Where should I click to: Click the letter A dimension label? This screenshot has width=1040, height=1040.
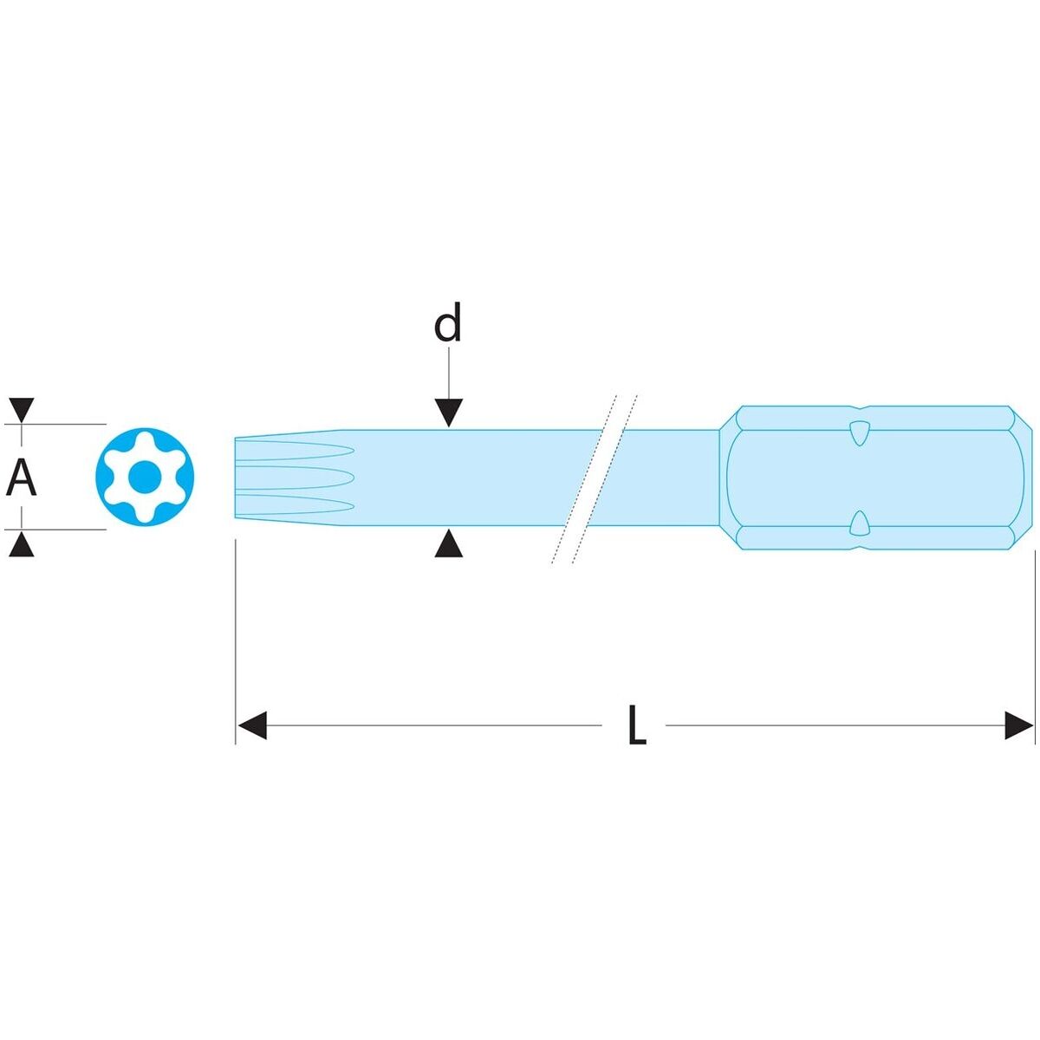pos(22,478)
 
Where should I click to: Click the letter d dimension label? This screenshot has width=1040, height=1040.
pos(447,323)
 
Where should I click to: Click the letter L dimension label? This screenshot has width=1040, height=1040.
pos(637,725)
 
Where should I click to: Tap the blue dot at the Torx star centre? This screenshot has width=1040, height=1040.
pos(145,476)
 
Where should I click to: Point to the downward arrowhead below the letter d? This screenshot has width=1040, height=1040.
pos(448,413)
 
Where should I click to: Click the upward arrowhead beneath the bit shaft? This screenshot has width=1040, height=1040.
pos(448,545)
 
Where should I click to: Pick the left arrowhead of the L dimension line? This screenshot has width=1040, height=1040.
pos(251,725)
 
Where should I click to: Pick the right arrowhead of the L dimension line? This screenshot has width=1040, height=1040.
pos(1019,725)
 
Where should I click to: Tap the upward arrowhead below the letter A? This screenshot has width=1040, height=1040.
pos(21,545)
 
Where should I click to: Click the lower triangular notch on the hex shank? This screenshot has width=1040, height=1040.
pos(858,523)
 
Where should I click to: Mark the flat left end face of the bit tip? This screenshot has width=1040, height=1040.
pos(237,478)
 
